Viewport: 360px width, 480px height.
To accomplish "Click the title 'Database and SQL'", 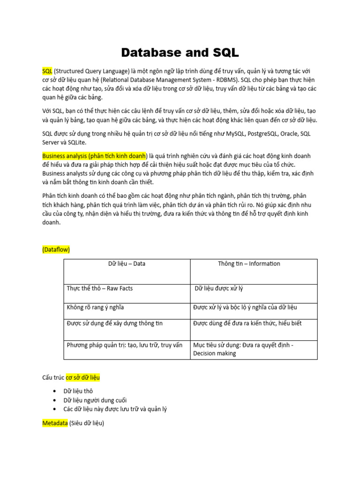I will (180, 52).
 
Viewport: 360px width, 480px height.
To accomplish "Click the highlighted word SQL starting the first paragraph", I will (47, 71).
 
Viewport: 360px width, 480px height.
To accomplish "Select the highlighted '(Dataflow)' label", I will (56, 250).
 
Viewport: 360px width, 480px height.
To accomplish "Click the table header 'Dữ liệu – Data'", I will (127, 264).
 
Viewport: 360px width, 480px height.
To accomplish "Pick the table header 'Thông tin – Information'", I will (248, 264).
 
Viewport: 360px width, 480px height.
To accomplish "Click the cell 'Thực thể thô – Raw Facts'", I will (100, 288).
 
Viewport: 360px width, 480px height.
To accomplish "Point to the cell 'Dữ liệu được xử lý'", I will (219, 288).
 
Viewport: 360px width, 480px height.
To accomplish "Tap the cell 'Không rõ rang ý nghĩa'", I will (96, 307).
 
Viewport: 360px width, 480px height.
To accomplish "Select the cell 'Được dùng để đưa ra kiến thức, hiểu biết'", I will (247, 323).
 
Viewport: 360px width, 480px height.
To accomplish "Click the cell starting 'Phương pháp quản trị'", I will (125, 345).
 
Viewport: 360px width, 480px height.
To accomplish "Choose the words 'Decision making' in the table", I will (214, 353).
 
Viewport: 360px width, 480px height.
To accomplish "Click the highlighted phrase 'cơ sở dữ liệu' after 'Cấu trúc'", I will (82, 377).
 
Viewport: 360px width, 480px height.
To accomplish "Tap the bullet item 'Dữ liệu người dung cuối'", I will (95, 400).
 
